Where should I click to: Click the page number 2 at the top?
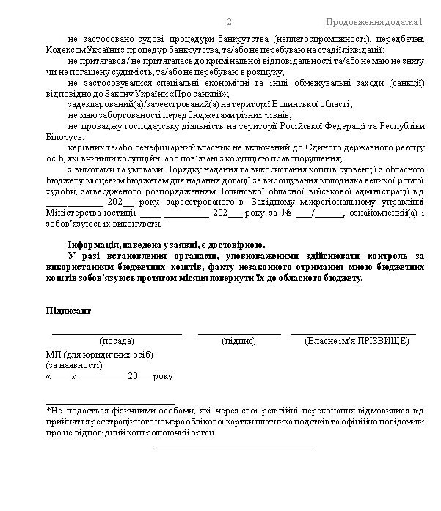tap(230, 21)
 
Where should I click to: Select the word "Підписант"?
tap(69, 311)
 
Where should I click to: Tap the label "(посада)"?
tap(117, 342)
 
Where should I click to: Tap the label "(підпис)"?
tap(238, 342)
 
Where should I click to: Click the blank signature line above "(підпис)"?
tap(238, 334)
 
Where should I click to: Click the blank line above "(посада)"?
tap(117, 334)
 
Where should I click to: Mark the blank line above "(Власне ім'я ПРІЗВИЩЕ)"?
tap(353, 334)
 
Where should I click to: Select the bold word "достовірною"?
tap(240, 245)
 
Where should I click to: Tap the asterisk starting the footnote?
tap(48, 411)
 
